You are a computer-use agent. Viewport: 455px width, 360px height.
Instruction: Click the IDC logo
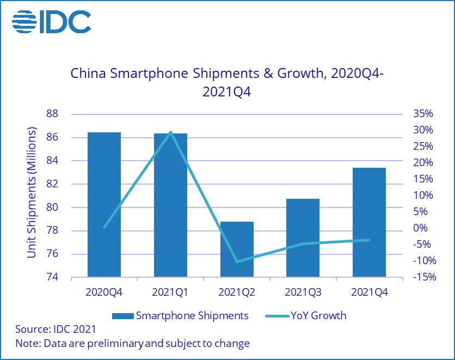51,22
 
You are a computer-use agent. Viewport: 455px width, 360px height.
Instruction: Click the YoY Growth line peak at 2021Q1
170,132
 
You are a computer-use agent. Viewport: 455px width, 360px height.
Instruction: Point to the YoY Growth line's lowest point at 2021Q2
237,261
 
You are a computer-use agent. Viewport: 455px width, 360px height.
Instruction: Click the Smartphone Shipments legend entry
180,315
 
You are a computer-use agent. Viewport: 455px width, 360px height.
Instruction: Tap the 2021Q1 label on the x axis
170,292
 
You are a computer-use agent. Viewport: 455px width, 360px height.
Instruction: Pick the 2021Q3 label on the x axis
303,292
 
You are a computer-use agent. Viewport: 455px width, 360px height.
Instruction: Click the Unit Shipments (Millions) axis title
32,193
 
